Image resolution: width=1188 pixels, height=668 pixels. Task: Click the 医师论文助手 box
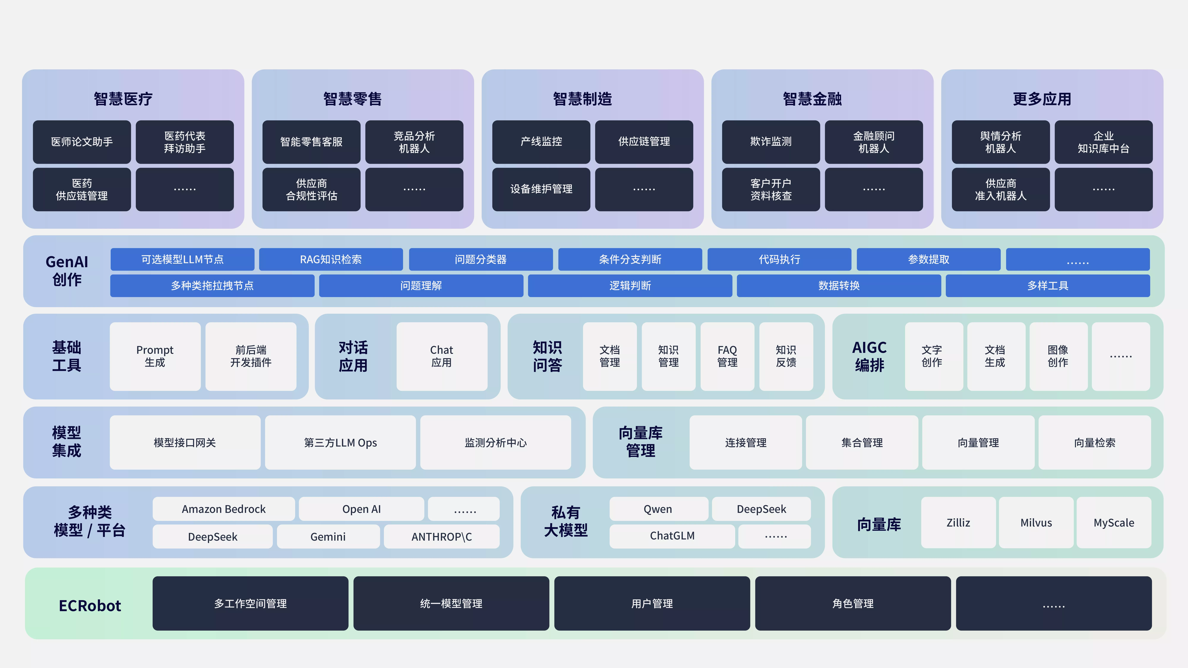click(82, 142)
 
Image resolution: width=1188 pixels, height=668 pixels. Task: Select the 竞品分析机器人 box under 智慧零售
click(414, 142)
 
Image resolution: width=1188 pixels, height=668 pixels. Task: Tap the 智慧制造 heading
click(582, 99)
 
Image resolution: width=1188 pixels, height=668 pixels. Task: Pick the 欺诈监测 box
click(771, 142)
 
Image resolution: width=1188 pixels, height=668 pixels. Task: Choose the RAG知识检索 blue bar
click(331, 259)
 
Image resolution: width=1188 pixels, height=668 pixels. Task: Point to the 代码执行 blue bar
click(779, 259)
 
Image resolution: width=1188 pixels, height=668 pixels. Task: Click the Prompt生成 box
click(155, 356)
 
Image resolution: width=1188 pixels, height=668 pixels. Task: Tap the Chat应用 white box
click(442, 356)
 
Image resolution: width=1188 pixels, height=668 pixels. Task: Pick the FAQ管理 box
click(727, 356)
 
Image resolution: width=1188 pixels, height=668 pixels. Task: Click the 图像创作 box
click(1058, 356)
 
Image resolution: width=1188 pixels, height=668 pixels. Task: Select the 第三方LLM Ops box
click(340, 443)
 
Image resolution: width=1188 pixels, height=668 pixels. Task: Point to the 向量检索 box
click(1095, 443)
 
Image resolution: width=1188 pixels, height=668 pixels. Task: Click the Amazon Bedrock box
click(224, 509)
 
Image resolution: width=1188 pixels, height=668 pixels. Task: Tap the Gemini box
click(328, 537)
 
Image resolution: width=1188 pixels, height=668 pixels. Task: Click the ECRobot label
click(90, 605)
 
